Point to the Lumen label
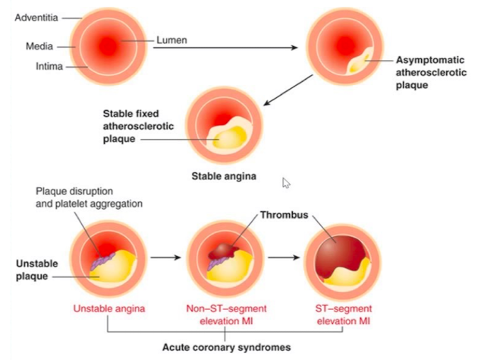(x=171, y=39)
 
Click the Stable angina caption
(x=223, y=176)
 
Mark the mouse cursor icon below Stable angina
(x=287, y=183)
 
